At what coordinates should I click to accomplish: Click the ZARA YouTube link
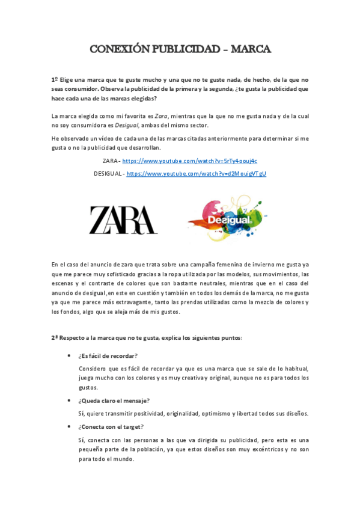coord(189,161)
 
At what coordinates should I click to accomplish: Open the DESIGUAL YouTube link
coord(196,173)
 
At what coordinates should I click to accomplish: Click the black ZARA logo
coord(123,220)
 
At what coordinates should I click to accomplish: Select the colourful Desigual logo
coord(227,218)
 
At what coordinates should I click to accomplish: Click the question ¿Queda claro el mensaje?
coord(114,401)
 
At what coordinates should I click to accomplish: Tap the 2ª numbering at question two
coord(55,337)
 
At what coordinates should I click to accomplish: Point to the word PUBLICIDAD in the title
coord(184,49)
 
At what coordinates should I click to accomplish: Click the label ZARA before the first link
coord(110,161)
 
